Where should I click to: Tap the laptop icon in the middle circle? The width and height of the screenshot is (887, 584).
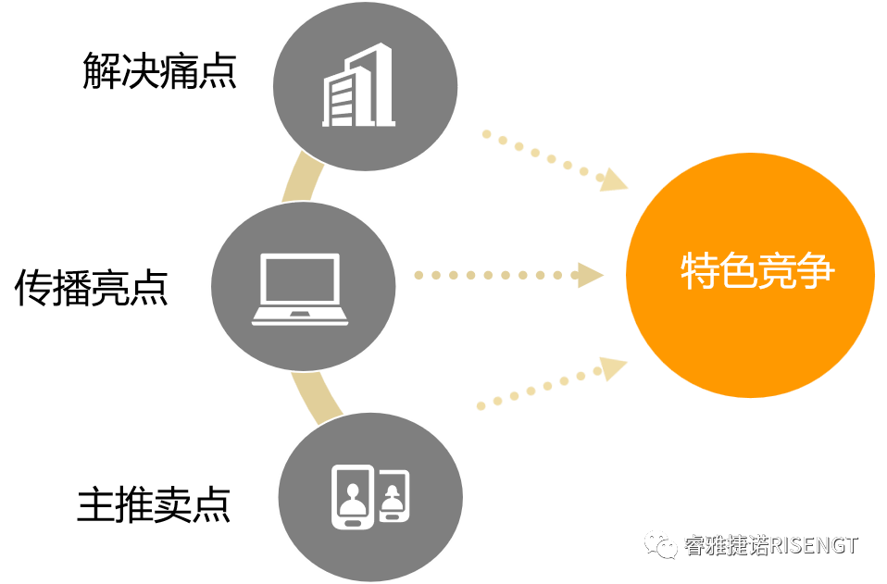pyautogui.click(x=301, y=288)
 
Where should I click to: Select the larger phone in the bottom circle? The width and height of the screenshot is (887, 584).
pyautogui.click(x=353, y=496)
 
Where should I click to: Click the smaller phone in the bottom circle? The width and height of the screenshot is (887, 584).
pyautogui.click(x=394, y=497)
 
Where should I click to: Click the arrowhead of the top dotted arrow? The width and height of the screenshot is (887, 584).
pyautogui.click(x=613, y=180)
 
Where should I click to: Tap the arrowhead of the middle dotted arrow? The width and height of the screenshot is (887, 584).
pyautogui.click(x=589, y=275)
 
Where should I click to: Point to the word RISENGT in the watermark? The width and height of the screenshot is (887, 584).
pyautogui.click(x=814, y=545)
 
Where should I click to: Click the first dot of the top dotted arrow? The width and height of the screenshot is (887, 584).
pyautogui.click(x=485, y=133)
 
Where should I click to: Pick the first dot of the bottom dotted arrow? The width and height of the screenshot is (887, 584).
pyautogui.click(x=481, y=405)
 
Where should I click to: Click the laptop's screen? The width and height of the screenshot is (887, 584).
pyautogui.click(x=301, y=280)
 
